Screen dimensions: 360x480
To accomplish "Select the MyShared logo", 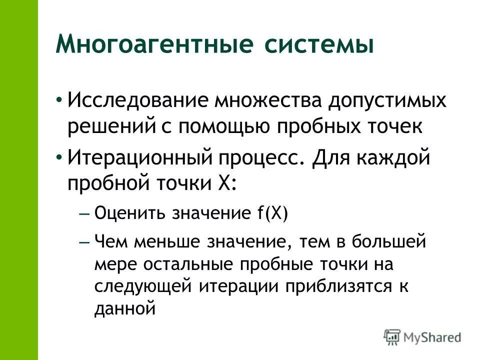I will click(422, 336).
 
